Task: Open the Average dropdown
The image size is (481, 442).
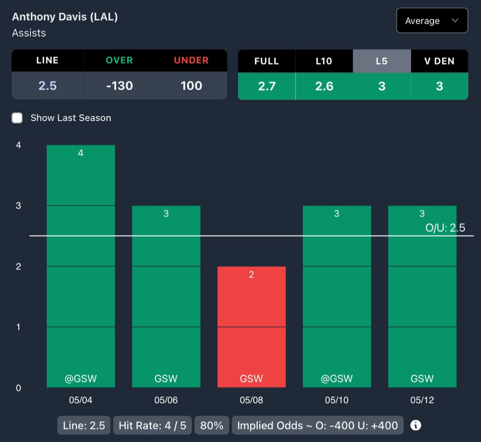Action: pyautogui.click(x=432, y=21)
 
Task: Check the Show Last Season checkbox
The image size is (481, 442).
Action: pyautogui.click(x=17, y=118)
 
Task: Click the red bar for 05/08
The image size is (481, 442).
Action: pyautogui.click(x=251, y=329)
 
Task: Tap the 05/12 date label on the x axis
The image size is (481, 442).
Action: pyautogui.click(x=422, y=401)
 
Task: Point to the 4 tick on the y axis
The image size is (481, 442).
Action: pyautogui.click(x=18, y=145)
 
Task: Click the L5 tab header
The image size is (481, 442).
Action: pyautogui.click(x=381, y=61)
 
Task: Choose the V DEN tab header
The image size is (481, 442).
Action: pyautogui.click(x=439, y=61)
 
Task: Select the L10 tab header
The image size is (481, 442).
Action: pyautogui.click(x=324, y=61)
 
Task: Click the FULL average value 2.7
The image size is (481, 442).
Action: pyautogui.click(x=266, y=86)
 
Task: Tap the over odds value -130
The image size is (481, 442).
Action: pyautogui.click(x=119, y=85)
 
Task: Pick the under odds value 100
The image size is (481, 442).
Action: pyautogui.click(x=191, y=85)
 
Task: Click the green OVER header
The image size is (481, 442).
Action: pyautogui.click(x=119, y=60)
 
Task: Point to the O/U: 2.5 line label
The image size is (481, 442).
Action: pyautogui.click(x=445, y=228)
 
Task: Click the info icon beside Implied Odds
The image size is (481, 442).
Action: pyautogui.click(x=416, y=426)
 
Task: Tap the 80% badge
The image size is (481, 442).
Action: pyautogui.click(x=211, y=426)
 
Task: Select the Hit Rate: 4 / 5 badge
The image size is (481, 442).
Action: pyautogui.click(x=152, y=426)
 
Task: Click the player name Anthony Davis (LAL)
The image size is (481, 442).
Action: pyautogui.click(x=65, y=17)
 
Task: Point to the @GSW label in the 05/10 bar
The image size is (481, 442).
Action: pyautogui.click(x=337, y=379)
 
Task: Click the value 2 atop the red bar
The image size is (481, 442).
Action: pyautogui.click(x=251, y=274)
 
